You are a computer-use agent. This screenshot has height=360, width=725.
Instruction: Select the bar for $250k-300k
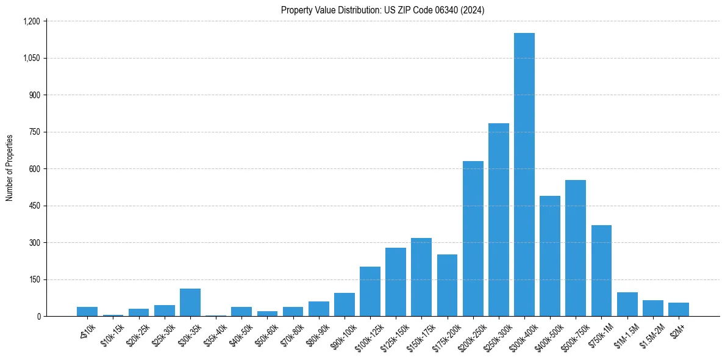[499, 220]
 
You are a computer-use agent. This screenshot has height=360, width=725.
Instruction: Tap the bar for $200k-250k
[473, 239]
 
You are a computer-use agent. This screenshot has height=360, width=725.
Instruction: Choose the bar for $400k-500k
[550, 256]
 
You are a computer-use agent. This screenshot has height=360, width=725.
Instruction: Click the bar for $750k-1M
[601, 271]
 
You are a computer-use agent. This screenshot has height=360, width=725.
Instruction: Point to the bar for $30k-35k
[190, 303]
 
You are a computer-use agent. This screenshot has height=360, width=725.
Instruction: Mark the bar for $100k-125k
[370, 292]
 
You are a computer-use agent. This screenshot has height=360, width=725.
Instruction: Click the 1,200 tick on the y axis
[31, 21]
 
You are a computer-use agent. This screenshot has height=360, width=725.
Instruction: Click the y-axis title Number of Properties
[10, 168]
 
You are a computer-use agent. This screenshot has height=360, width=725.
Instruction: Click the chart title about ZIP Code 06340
[383, 10]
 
